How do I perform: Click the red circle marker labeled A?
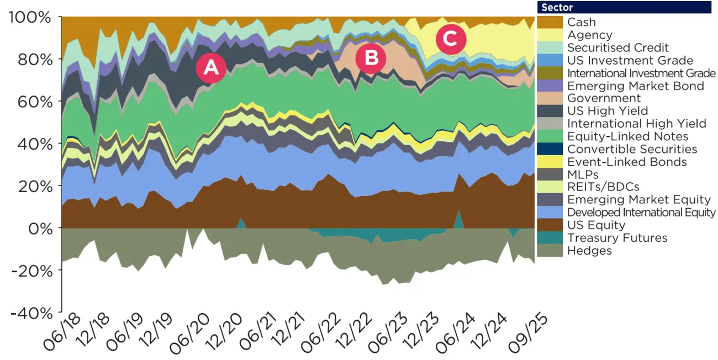(211, 67)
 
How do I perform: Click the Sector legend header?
(624, 7)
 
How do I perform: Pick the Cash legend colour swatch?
(550, 22)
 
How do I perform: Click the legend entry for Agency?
(589, 35)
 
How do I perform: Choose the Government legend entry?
(604, 98)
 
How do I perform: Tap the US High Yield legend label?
(608, 111)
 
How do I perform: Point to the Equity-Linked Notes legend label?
(627, 136)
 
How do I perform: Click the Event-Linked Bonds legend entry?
(627, 162)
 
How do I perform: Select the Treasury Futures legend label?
(617, 238)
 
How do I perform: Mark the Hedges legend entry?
(589, 251)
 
